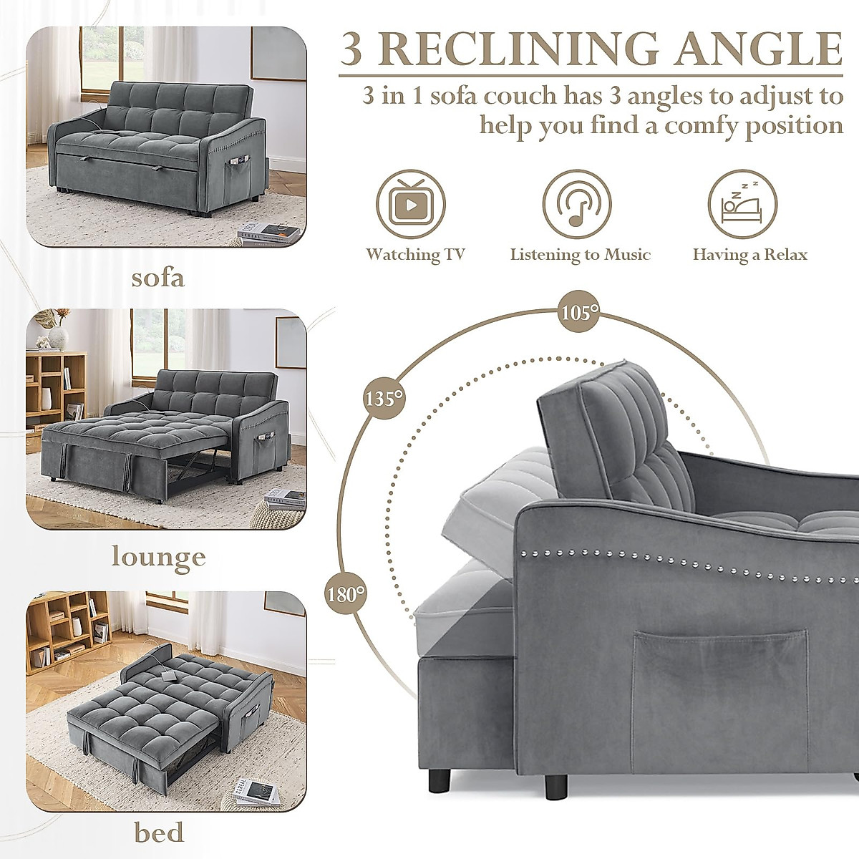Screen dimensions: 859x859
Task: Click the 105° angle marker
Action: point(578,313)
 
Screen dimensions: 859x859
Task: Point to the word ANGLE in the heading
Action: point(760,48)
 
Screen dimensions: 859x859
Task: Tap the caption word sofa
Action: point(157,277)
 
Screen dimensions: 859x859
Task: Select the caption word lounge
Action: point(159,556)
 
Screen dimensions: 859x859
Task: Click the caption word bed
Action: point(158,833)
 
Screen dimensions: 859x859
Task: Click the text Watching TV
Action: point(415,254)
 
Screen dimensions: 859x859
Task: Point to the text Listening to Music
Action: point(580,254)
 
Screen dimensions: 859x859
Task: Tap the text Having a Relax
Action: point(749,254)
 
